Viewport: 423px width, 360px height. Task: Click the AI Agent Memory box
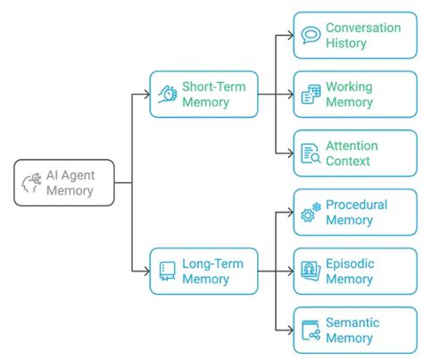[x=64, y=182]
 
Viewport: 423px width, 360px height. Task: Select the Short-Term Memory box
[x=203, y=94]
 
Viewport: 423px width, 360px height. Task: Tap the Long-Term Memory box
[x=203, y=271]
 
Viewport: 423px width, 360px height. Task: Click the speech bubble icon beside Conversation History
[x=311, y=36]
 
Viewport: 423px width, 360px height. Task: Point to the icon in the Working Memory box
[x=311, y=95]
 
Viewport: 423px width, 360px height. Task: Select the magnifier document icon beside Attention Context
[x=311, y=154]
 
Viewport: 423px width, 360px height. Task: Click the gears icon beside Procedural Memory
[x=311, y=213]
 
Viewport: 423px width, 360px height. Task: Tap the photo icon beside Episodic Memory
[x=311, y=272]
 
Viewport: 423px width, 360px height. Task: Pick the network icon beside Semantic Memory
[x=311, y=331]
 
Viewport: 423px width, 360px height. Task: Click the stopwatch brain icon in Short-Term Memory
[x=167, y=94]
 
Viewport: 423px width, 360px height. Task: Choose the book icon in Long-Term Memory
[x=167, y=271]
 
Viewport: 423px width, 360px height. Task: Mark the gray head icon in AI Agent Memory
[x=31, y=182]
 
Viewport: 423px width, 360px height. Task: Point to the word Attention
[x=352, y=146]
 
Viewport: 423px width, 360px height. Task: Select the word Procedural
[x=356, y=205]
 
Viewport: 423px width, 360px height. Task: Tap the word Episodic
[x=350, y=264]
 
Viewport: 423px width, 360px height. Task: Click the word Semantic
[x=352, y=322]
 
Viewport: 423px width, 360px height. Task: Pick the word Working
[x=349, y=87]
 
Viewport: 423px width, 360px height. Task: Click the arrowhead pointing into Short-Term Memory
[x=145, y=94]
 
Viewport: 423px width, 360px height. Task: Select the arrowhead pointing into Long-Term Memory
[x=145, y=271]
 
